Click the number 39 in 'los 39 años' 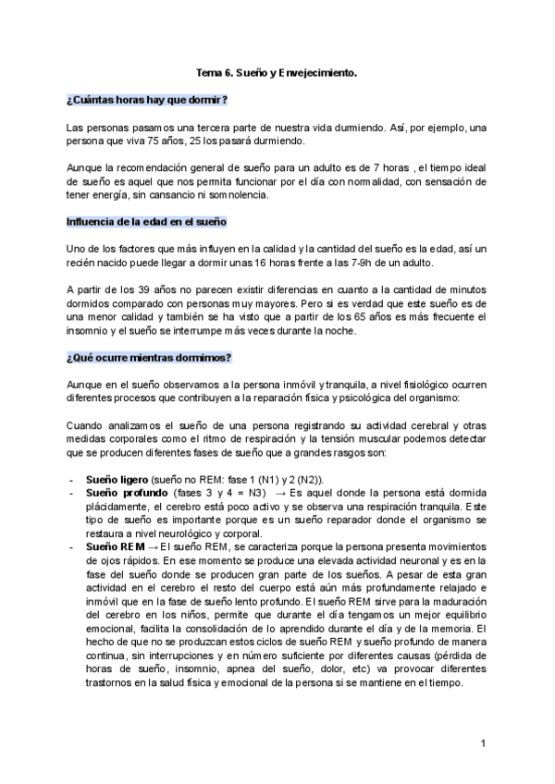point(143,290)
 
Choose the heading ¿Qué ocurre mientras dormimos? point(149,357)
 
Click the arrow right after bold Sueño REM point(153,548)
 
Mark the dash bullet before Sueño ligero point(72,479)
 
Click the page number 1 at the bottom point(484,743)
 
